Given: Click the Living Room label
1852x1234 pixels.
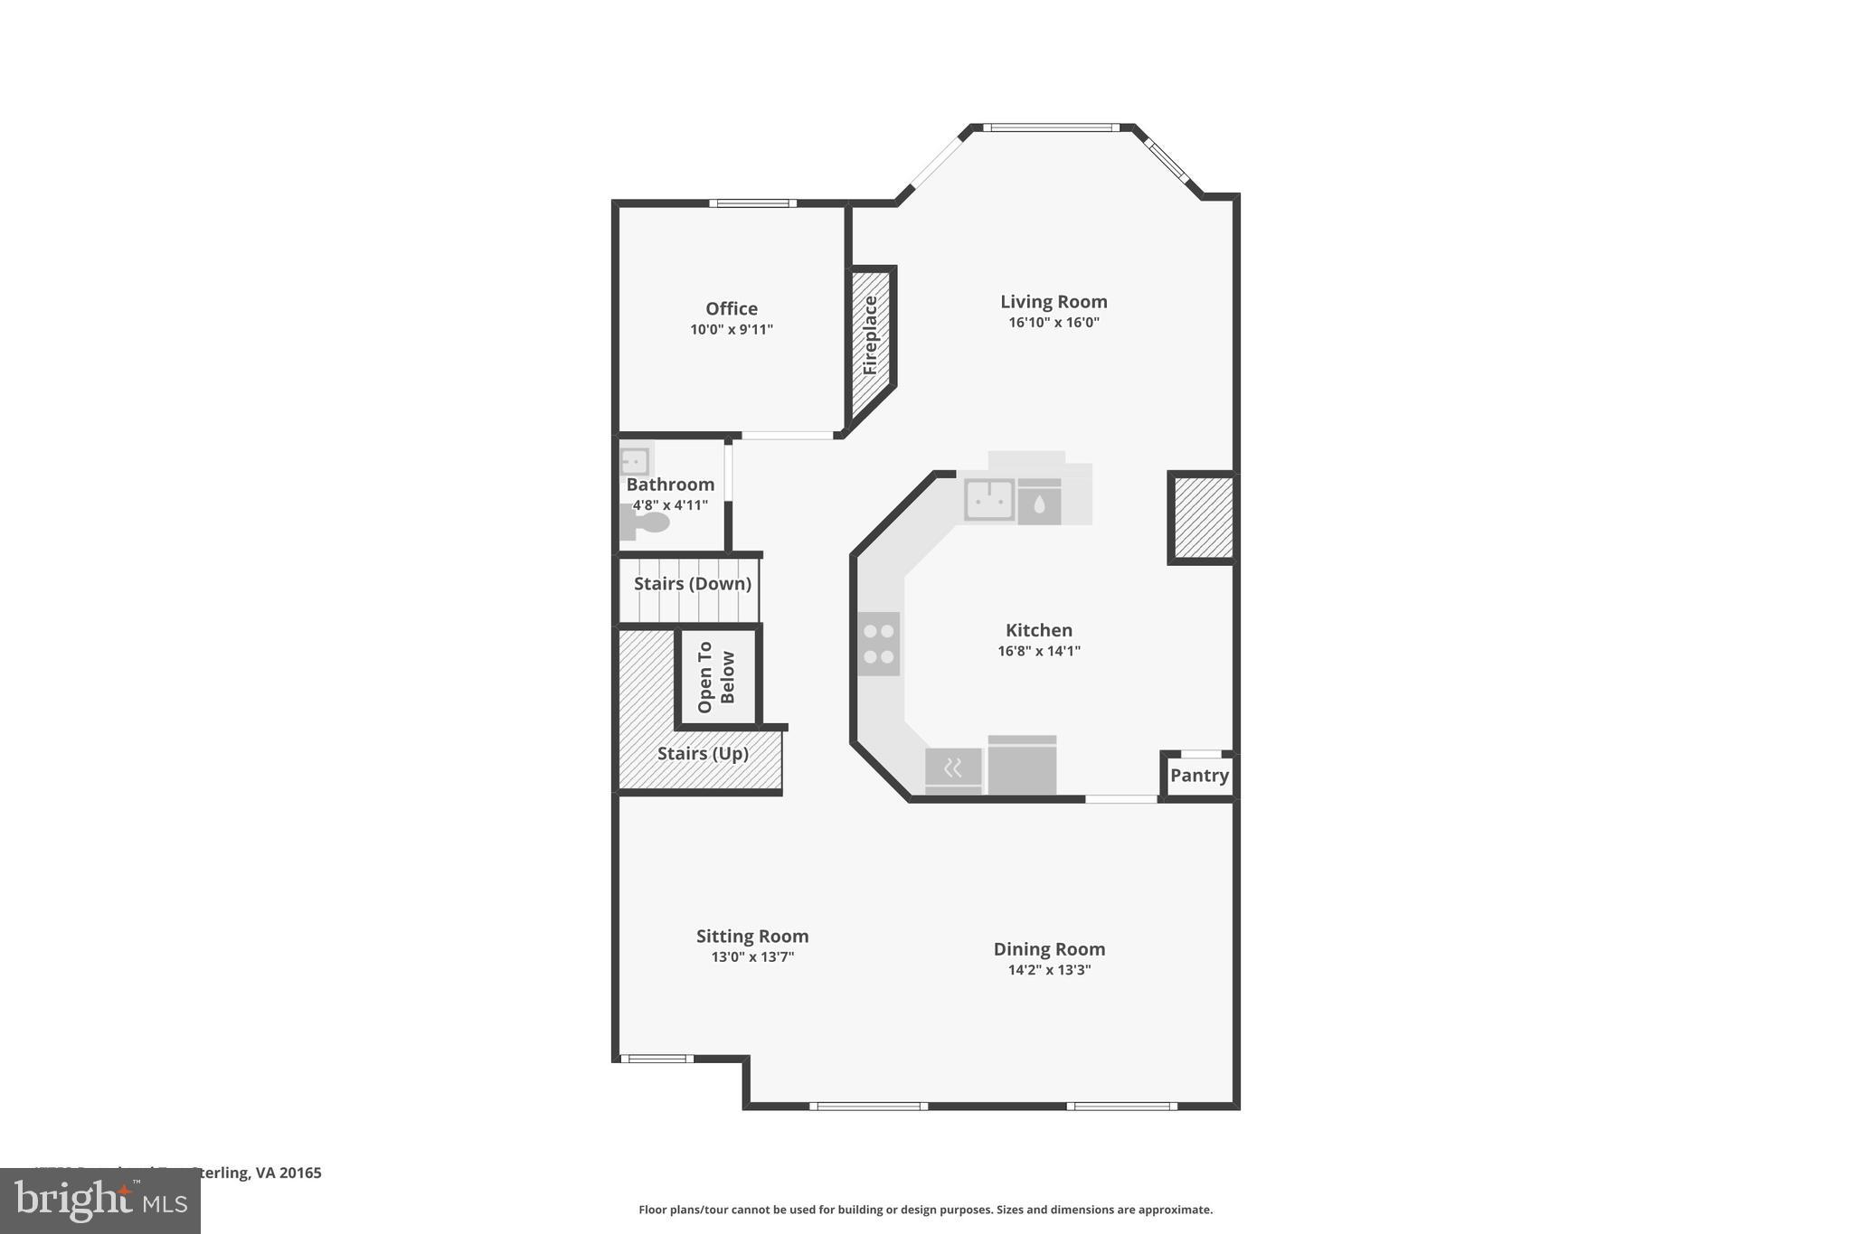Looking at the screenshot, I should click(x=1054, y=302).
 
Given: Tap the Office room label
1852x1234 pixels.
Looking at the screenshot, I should click(x=732, y=309).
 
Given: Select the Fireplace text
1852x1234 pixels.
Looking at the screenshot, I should click(x=871, y=335).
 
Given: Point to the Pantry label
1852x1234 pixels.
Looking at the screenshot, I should click(x=1199, y=776).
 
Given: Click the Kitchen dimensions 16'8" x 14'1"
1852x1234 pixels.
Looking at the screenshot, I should click(x=1039, y=651).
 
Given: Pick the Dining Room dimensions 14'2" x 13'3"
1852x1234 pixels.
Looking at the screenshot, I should click(x=1049, y=970).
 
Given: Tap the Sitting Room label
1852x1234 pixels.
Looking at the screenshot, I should click(x=752, y=937).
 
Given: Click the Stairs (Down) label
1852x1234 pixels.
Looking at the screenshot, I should click(x=693, y=584).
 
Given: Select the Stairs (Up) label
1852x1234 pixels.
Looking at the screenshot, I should click(x=703, y=753).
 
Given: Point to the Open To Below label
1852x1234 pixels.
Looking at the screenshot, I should click(x=716, y=677).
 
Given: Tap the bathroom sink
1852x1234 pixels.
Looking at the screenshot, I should click(x=635, y=461).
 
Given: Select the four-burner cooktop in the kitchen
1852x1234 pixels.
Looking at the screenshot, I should click(x=878, y=644).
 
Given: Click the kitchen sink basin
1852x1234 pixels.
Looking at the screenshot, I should click(x=988, y=499).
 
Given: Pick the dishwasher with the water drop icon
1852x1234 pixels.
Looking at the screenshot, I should click(x=1039, y=503).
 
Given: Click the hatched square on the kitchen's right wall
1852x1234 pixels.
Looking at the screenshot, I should click(x=1203, y=518).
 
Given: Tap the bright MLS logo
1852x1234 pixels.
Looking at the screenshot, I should click(x=100, y=1201).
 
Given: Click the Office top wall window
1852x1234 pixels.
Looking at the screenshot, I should click(x=752, y=203).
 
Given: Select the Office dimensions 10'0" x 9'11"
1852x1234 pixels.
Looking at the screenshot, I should click(x=732, y=330).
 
